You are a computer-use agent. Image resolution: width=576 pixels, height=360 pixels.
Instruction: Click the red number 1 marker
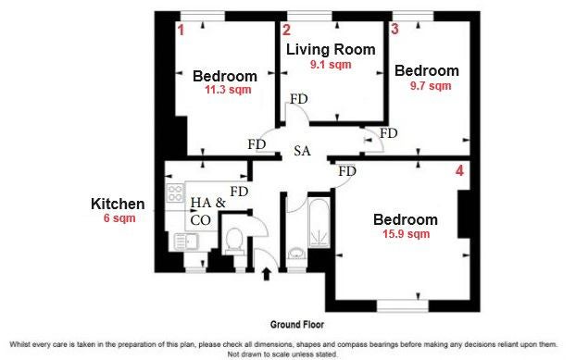181,31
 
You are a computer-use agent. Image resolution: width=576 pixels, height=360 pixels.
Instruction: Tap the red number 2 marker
286,31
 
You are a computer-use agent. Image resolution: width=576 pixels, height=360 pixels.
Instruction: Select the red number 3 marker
394,29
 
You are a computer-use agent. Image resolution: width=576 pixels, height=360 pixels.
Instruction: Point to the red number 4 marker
459,170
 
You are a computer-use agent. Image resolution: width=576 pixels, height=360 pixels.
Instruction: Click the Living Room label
331,50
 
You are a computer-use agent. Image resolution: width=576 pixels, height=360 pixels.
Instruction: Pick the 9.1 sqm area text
331,65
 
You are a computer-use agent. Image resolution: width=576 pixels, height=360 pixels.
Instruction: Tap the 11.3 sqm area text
228,90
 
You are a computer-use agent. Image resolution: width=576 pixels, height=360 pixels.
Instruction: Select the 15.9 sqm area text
406,234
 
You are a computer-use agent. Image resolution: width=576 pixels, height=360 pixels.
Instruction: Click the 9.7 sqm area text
431,86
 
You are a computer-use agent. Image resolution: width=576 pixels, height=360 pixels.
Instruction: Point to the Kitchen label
118,204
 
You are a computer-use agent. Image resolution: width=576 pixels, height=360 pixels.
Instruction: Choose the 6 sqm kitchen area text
119,218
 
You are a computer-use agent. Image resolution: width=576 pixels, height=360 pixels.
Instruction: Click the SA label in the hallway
302,151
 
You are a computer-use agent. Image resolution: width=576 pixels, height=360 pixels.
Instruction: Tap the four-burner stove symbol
175,193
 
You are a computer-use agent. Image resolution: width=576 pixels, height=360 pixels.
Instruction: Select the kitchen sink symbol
186,242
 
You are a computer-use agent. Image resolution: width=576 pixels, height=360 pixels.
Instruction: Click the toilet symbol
233,242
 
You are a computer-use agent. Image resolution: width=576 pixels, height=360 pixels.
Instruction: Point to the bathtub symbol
319,222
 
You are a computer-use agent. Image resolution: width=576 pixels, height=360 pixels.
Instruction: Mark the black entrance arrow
267,274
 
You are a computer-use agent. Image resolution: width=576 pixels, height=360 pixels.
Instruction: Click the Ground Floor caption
297,325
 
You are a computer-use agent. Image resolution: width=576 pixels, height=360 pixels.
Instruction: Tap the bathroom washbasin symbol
296,254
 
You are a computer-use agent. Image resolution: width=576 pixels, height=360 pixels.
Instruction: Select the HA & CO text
208,211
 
